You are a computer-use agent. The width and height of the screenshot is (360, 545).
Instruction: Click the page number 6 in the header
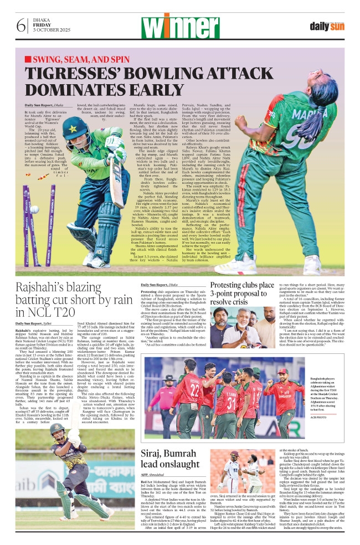coord(21,25)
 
